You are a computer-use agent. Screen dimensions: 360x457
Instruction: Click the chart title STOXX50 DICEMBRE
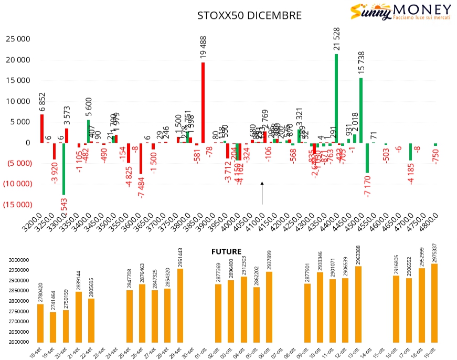(x=249, y=15)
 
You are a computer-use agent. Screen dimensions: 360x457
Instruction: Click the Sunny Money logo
(x=400, y=12)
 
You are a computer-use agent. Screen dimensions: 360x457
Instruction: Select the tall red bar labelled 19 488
(x=203, y=102)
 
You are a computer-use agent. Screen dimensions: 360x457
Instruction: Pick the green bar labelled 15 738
(x=361, y=110)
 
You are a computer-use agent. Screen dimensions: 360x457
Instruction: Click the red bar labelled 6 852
(x=42, y=129)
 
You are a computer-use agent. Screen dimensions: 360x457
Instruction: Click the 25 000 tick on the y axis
(x=17, y=39)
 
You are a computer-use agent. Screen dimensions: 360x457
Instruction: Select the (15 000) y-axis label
(x=17, y=204)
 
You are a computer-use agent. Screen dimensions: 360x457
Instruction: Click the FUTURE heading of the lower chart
(x=227, y=251)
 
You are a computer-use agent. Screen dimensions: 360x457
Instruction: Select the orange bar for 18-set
(x=40, y=323)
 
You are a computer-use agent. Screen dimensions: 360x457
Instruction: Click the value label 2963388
(x=358, y=255)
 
